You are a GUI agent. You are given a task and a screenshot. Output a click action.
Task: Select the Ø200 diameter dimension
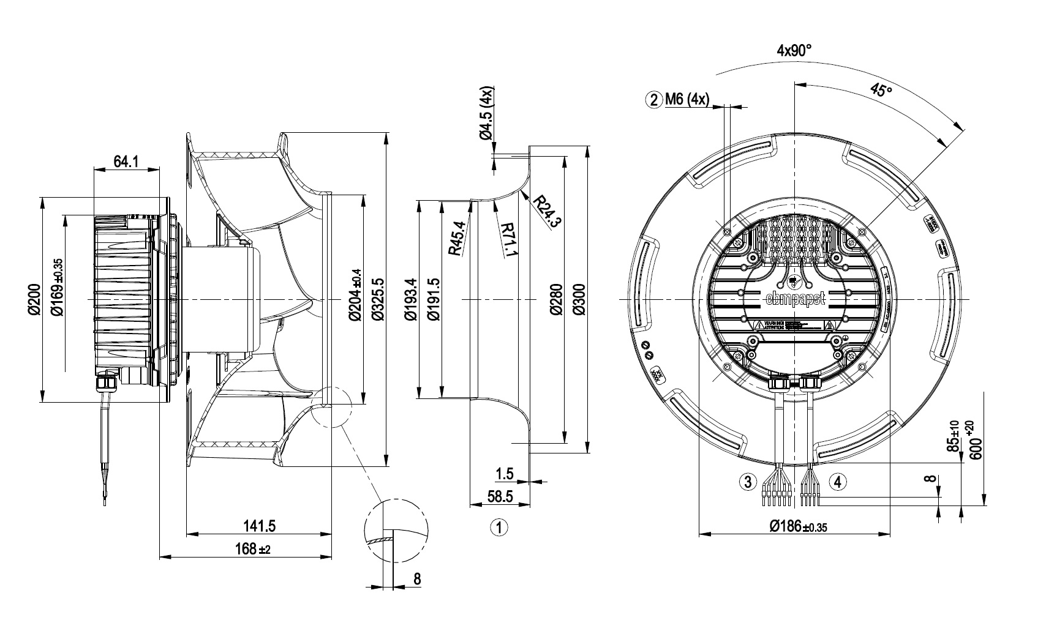click(x=34, y=299)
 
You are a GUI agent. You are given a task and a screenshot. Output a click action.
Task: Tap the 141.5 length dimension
click(x=259, y=526)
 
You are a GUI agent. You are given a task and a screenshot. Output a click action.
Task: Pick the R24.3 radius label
click(x=547, y=211)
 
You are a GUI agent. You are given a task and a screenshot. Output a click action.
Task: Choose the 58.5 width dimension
click(x=500, y=497)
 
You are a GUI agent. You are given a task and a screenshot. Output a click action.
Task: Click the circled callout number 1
click(x=500, y=528)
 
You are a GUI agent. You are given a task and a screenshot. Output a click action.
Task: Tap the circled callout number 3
click(x=747, y=482)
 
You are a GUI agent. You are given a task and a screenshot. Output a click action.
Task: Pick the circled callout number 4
click(x=839, y=482)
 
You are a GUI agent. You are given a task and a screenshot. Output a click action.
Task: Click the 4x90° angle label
click(x=794, y=50)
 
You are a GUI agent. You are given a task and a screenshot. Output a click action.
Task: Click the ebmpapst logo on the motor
click(x=794, y=299)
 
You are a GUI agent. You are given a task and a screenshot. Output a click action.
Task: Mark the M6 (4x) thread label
click(x=687, y=100)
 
